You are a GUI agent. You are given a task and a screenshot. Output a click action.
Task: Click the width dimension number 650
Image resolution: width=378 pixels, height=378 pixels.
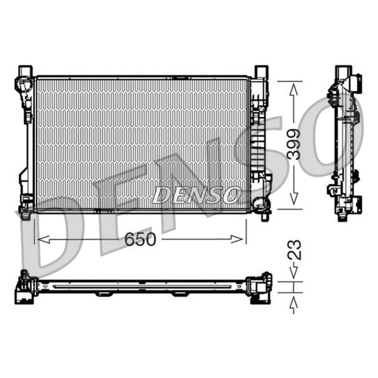pyautogui.click(x=140, y=240)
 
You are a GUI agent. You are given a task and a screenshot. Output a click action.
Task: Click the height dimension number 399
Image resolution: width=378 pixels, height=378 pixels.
pyautogui.click(x=293, y=145)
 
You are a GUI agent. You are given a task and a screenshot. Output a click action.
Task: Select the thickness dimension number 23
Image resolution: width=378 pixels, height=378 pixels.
pyautogui.click(x=293, y=249)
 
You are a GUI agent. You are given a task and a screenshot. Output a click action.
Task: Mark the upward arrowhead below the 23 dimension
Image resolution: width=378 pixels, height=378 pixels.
pyautogui.click(x=293, y=301)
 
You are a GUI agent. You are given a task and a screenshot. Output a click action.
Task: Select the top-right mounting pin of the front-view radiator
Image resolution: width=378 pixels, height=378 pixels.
pyautogui.click(x=260, y=71)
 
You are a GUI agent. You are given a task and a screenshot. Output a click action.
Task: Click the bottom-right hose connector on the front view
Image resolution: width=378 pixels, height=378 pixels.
pyautogui.click(x=260, y=204)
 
